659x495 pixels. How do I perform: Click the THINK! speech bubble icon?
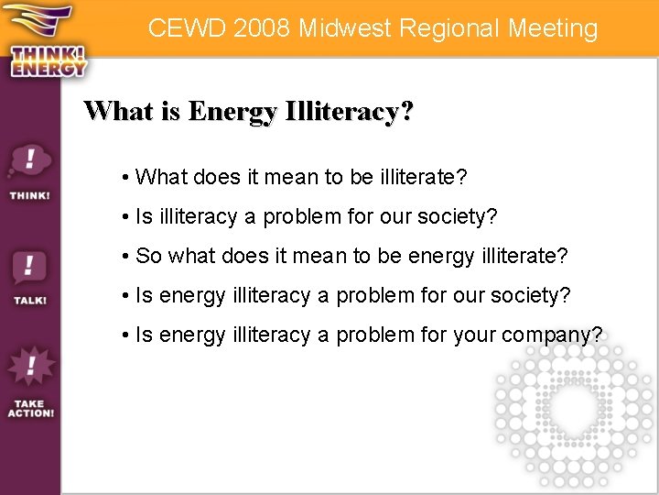point(29,166)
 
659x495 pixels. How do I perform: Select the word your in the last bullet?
point(474,335)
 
